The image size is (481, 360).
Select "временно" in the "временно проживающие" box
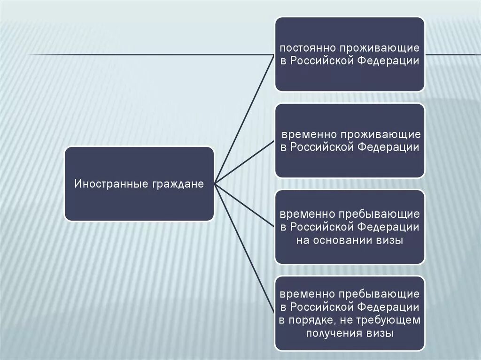pos(308,135)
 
